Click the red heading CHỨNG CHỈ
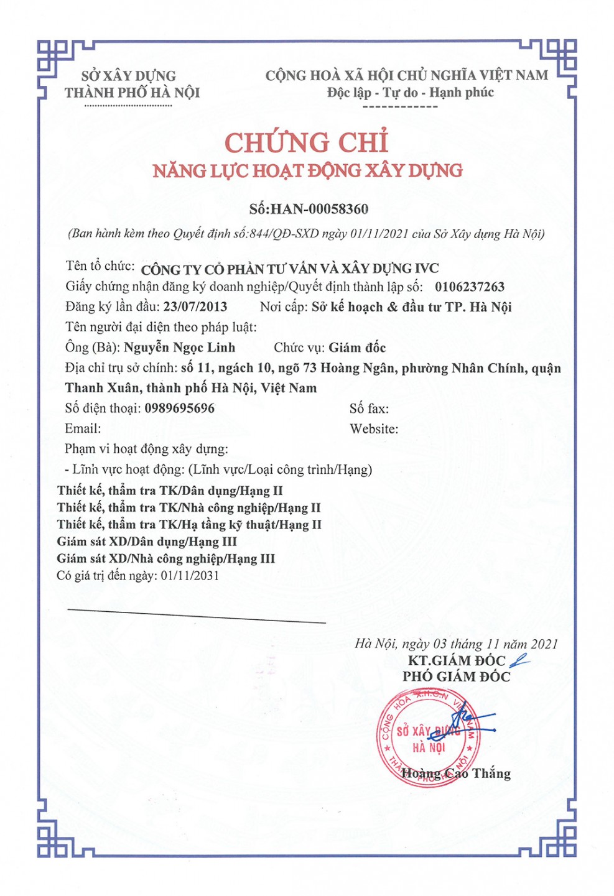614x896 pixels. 306,143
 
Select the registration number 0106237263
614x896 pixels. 470,287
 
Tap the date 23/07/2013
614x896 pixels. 195,307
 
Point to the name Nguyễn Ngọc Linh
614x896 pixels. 179,348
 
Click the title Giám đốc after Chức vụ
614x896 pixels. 357,348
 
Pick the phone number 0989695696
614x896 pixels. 179,409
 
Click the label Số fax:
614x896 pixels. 369,409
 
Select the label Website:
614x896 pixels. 374,429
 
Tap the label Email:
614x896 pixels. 83,429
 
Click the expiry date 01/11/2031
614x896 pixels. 190,576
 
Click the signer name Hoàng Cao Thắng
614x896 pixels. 456,774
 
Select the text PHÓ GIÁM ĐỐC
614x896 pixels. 456,677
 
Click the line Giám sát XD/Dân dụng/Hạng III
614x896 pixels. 147,542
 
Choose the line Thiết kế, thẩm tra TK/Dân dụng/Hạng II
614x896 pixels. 170,491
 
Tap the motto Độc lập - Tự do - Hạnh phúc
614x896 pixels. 410,93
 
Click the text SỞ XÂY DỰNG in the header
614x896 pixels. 129,76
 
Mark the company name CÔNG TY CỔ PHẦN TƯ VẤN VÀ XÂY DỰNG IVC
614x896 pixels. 290,269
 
